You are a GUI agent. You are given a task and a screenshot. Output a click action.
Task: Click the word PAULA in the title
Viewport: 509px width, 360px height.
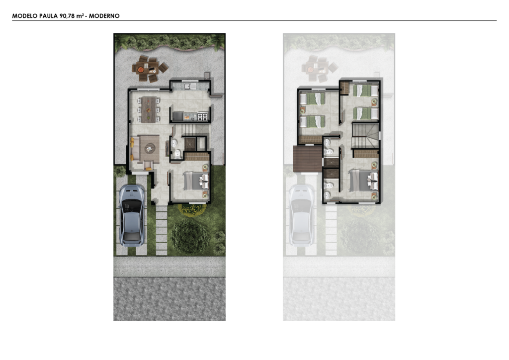tap(48, 16)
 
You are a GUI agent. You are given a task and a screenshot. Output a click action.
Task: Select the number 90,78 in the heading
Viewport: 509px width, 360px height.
tap(67, 16)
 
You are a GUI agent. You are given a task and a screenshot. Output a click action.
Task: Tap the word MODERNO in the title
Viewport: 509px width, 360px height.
tap(104, 16)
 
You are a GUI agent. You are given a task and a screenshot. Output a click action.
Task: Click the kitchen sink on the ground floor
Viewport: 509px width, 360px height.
tap(187, 87)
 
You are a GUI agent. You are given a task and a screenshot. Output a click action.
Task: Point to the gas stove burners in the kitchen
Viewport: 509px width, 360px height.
tap(203, 116)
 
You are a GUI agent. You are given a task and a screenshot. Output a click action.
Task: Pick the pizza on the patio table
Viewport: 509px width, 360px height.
tap(141, 70)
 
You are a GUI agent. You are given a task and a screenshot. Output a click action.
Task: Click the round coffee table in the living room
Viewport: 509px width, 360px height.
tap(150, 148)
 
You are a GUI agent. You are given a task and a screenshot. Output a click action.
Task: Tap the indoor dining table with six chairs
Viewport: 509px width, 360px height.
tap(149, 110)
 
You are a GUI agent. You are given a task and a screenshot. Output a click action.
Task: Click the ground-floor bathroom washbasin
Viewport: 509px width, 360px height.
tap(174, 143)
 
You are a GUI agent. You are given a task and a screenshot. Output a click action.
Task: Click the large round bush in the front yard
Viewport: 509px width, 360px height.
tap(190, 236)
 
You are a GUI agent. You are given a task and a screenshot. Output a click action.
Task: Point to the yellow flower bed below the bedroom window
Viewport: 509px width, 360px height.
tap(192, 209)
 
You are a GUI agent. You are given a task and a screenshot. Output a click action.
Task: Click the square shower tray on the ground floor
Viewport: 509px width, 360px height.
tap(190, 144)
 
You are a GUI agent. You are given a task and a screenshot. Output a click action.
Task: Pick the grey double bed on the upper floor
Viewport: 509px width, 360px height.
tap(363, 180)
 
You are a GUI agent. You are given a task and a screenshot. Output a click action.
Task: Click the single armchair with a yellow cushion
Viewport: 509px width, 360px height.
tap(148, 166)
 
